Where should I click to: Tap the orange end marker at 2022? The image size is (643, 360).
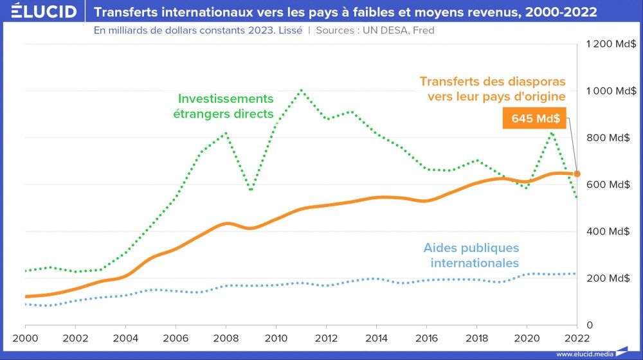tap(577, 174)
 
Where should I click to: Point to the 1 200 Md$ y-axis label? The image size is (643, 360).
tap(611, 44)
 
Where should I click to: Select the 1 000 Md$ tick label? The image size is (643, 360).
tap(611, 91)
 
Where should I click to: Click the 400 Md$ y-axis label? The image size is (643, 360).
tap(611, 231)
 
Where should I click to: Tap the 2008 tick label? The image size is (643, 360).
tap(226, 338)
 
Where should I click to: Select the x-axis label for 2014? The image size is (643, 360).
tap(377, 338)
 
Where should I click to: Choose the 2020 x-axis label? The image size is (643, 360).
tap(527, 338)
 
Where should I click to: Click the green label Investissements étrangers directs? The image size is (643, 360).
tap(226, 106)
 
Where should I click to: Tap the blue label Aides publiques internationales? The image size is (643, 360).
tap(471, 255)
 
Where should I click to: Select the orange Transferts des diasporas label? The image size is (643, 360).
tap(493, 89)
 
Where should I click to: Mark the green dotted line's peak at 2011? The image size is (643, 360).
tap(301, 90)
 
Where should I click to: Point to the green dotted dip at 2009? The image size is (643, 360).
tap(251, 190)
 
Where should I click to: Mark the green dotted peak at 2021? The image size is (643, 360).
tap(552, 132)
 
